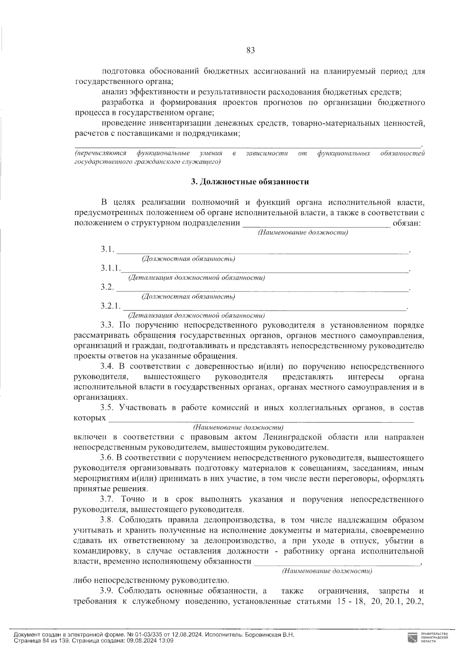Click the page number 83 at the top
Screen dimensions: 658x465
click(250, 50)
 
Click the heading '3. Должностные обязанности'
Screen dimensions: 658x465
click(250, 182)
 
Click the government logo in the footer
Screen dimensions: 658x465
click(412, 638)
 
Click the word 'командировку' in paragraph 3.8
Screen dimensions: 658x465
click(97, 551)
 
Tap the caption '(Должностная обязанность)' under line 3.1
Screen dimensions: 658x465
click(189, 258)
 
